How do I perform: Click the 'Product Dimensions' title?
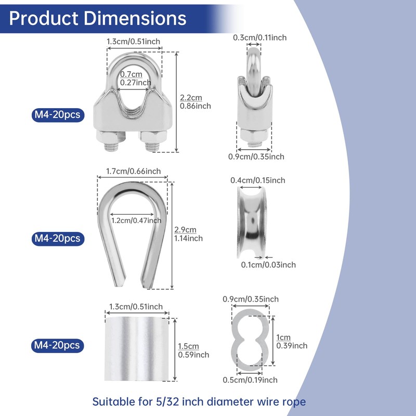tap(98, 18)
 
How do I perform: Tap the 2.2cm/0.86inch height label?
tap(196, 101)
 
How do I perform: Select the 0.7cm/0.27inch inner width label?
tap(136, 79)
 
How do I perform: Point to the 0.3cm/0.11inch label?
tap(259, 37)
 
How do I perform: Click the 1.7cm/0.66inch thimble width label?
tap(134, 171)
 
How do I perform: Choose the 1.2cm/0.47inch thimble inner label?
tap(136, 220)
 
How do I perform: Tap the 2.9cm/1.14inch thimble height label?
tap(188, 234)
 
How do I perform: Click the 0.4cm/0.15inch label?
tap(257, 180)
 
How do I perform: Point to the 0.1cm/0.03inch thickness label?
tap(268, 265)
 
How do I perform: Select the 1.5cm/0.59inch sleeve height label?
tap(193, 350)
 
